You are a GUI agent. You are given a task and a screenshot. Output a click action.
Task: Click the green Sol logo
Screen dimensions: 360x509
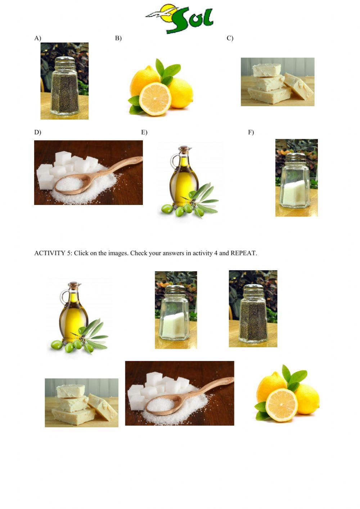point(179,19)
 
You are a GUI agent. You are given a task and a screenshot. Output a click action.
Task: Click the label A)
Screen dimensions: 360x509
point(38,38)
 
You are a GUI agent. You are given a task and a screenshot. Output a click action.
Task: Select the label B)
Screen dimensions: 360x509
point(118,38)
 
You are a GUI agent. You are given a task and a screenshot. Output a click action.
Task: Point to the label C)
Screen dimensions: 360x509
point(230,38)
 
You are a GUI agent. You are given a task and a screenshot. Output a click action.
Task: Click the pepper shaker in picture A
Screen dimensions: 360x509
point(65,85)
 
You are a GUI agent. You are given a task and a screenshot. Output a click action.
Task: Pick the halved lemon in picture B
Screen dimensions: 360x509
point(155,99)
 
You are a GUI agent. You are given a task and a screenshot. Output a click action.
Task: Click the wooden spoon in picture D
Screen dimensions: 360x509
point(98,176)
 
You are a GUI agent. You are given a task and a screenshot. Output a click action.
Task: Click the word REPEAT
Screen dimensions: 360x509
point(244,253)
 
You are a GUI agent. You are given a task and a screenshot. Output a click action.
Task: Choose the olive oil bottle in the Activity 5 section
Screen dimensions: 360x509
point(73,312)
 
